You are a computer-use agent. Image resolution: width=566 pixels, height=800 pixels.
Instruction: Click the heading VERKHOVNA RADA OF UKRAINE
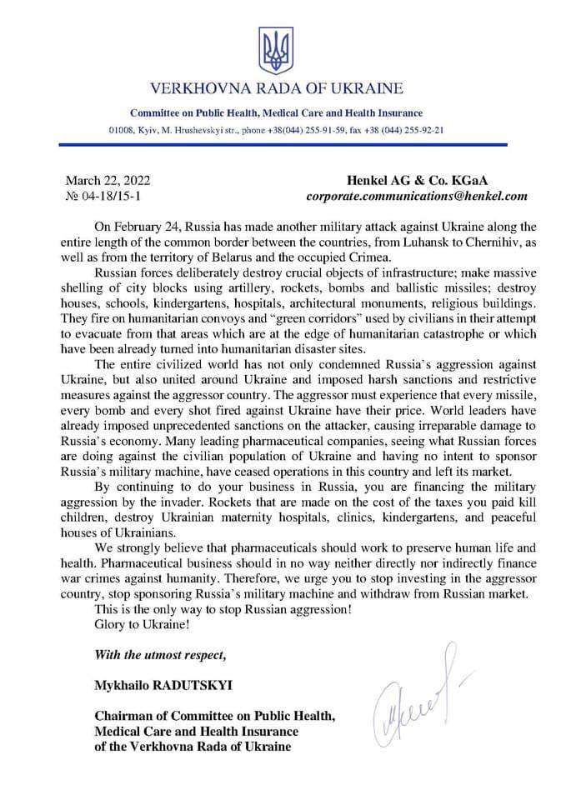coord(276,88)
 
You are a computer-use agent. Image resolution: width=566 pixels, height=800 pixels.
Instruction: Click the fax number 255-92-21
coord(420,131)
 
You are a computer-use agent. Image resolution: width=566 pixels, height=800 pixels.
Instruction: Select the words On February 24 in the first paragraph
coord(135,227)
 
